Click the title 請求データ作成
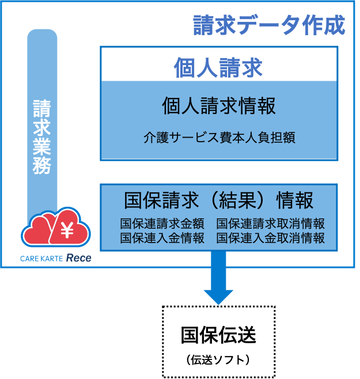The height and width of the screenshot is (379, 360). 269,25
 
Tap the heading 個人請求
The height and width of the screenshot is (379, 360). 218,68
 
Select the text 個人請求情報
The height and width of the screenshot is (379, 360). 219,106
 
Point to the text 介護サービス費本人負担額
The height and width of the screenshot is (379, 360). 219,139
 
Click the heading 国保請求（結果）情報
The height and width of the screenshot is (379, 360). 219,200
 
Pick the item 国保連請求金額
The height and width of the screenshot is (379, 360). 162,223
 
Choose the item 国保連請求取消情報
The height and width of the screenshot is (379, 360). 270,223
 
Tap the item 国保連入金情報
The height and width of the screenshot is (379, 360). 162,238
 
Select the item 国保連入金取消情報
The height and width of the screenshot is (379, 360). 270,238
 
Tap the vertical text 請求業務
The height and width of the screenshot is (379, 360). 42,137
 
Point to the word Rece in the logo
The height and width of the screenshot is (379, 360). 78,258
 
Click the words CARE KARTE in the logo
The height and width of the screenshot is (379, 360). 41,259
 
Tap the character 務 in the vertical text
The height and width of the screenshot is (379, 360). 42,165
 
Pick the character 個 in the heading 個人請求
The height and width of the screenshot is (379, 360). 185,68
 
